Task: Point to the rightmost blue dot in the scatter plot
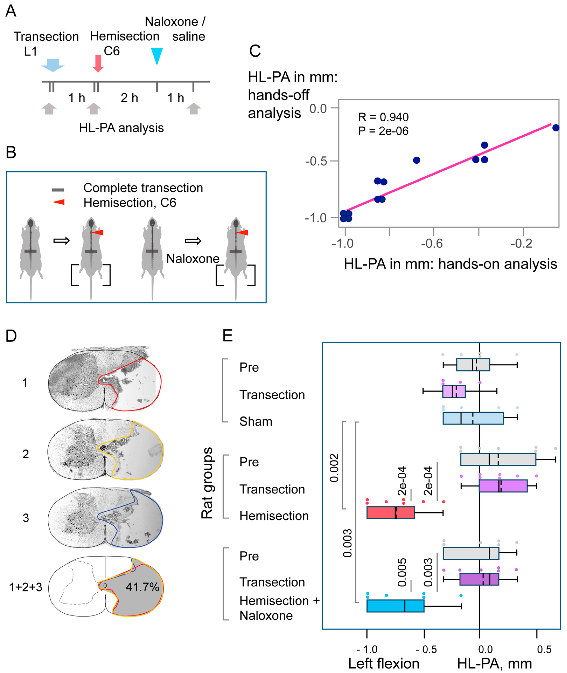(x=556, y=128)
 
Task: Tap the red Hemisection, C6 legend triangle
(x=59, y=202)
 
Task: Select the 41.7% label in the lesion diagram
(x=142, y=587)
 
